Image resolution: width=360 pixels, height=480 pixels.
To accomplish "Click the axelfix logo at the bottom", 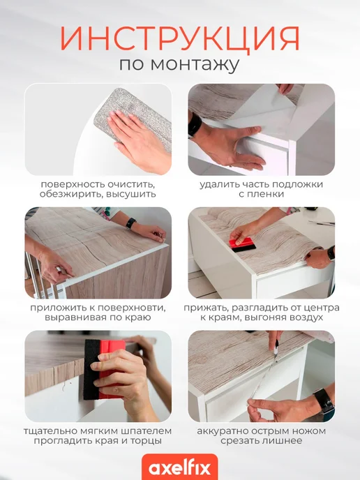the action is [x=180, y=468].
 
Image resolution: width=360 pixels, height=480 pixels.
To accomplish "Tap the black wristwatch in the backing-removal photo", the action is [x=195, y=125].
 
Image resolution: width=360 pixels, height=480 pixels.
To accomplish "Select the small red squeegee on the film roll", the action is [x=243, y=245].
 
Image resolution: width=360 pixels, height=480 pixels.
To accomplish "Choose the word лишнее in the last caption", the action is [x=283, y=441].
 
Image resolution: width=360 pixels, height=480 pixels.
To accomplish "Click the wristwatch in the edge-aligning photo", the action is [x=131, y=223].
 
